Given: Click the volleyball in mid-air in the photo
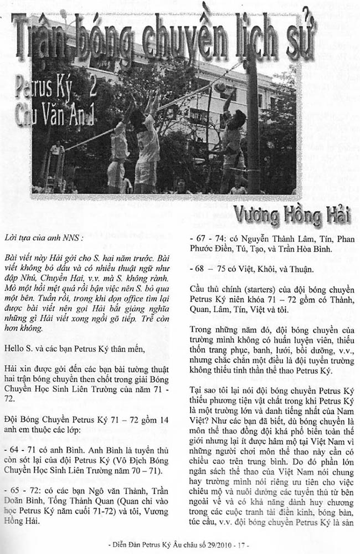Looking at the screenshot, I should coord(220,87).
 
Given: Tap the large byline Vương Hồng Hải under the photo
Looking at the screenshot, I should coord(291,214).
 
